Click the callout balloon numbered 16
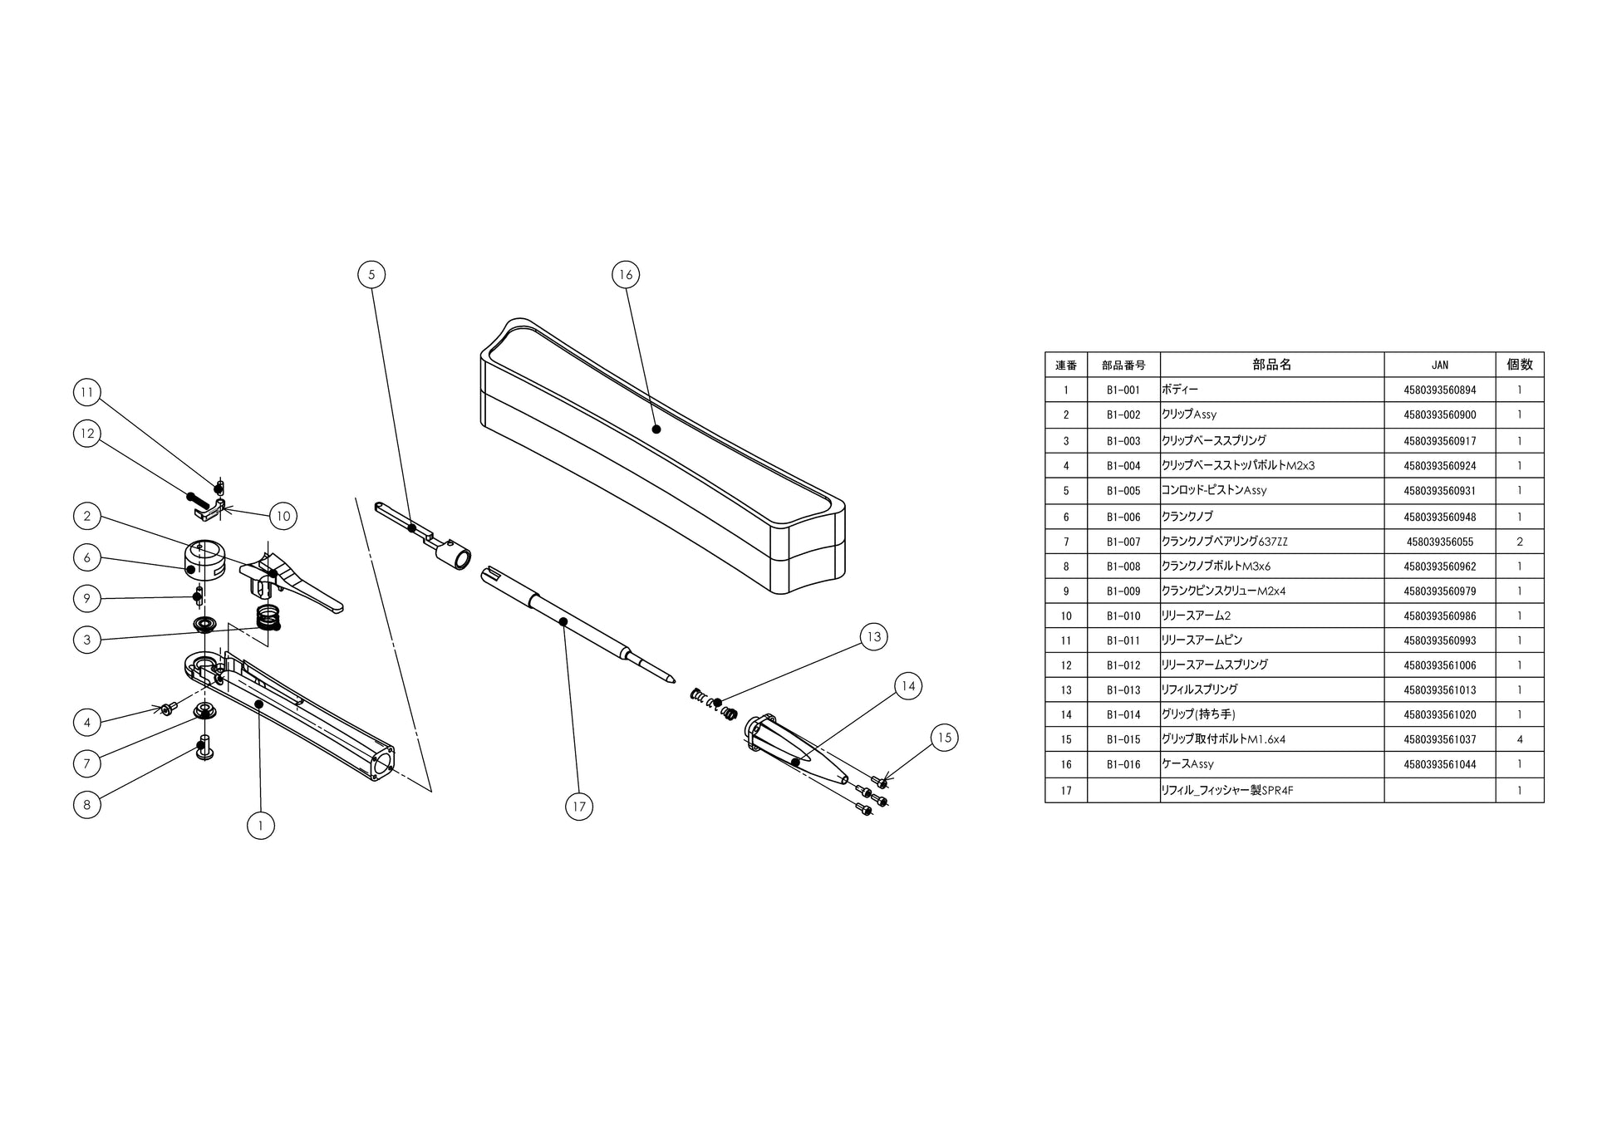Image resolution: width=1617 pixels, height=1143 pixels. point(626,275)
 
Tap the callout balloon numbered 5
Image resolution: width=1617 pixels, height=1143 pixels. point(371,275)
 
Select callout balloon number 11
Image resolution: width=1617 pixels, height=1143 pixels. point(87,392)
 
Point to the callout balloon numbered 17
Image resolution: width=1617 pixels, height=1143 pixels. point(579,806)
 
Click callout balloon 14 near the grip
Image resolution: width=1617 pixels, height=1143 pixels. point(908,686)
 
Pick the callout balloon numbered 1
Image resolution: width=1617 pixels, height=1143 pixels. point(261,825)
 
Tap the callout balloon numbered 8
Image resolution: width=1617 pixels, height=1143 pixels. point(87,804)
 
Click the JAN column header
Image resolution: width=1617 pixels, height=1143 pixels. point(1439,365)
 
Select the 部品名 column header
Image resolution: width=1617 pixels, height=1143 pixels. point(1271,365)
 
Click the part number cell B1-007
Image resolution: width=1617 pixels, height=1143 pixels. point(1123,542)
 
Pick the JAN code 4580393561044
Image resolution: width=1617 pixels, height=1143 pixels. point(1439,764)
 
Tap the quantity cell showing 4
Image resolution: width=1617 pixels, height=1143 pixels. point(1519,739)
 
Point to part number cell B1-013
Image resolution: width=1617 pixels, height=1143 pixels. point(1123,689)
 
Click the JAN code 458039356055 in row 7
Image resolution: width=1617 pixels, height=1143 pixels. point(1439,542)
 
